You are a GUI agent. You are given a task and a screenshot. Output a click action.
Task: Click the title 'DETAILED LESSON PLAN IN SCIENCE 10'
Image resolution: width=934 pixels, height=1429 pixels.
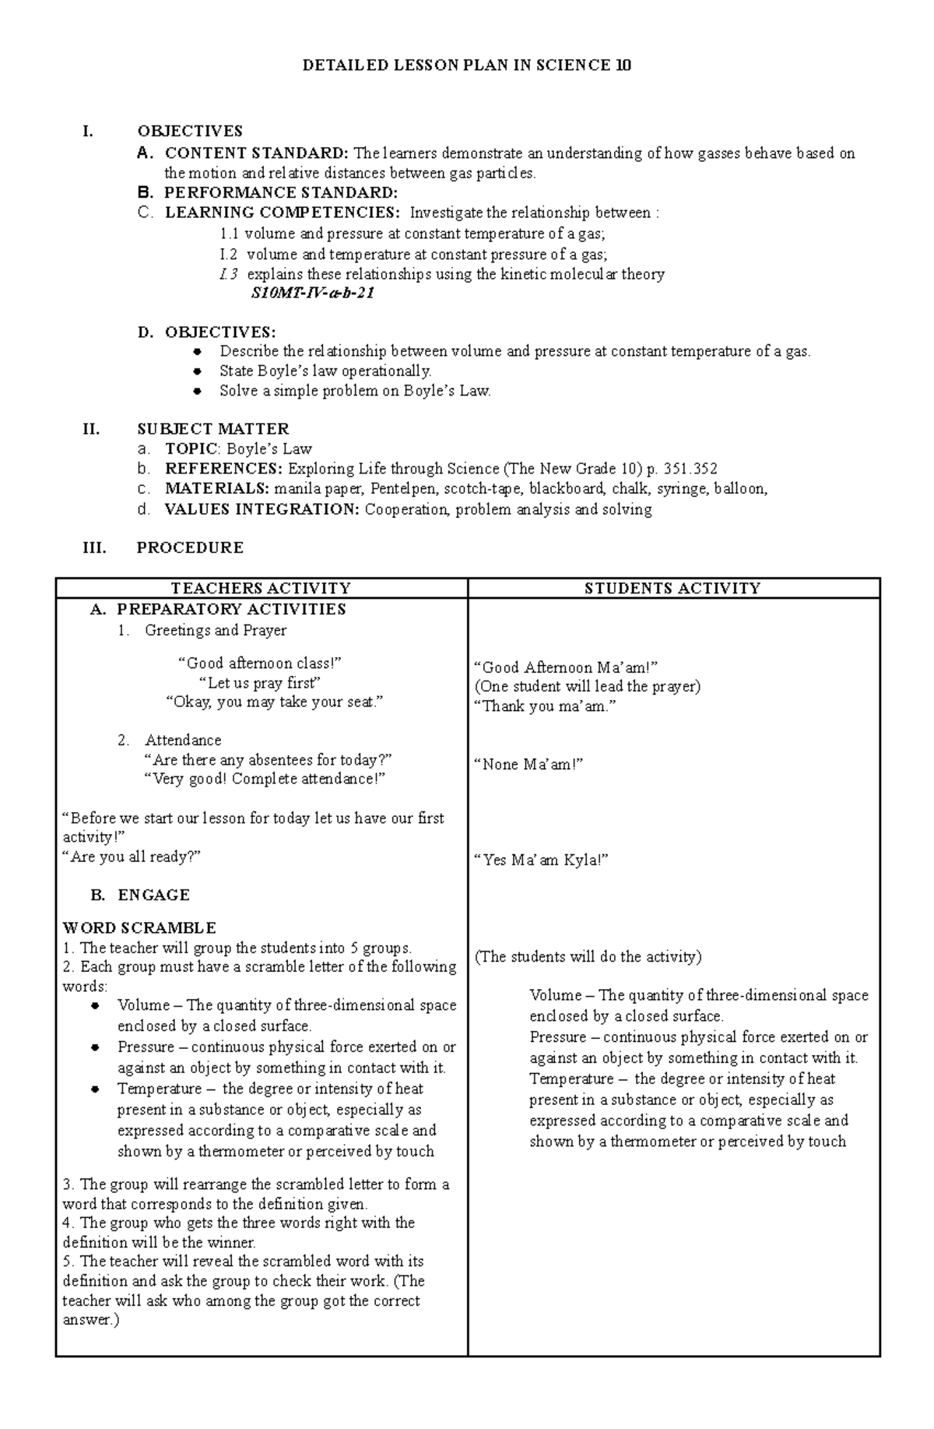click(x=466, y=65)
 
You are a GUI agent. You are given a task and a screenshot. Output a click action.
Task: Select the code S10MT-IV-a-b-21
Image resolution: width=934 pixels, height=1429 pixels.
click(x=312, y=294)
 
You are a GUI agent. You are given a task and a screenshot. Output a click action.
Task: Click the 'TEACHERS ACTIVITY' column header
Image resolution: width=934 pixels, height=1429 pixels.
click(x=261, y=588)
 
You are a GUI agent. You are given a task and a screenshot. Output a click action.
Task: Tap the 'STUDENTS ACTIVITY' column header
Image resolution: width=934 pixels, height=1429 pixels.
click(x=672, y=588)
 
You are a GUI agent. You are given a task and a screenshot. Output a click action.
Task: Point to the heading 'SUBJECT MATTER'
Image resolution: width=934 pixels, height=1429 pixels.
click(x=212, y=428)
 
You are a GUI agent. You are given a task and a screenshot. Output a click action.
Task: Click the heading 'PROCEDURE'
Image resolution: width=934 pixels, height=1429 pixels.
click(x=190, y=547)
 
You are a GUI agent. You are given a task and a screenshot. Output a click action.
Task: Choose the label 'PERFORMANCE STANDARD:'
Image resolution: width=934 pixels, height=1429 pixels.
click(x=281, y=192)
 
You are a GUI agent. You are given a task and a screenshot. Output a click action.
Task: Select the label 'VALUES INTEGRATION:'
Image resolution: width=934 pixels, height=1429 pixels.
click(x=262, y=509)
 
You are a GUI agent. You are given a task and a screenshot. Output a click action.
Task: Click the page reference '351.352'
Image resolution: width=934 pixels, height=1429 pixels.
click(x=688, y=469)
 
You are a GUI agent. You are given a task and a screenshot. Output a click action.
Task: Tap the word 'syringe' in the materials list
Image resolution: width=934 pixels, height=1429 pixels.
click(x=682, y=489)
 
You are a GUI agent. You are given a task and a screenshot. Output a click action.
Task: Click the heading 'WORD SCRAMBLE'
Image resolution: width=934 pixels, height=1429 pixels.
click(x=139, y=927)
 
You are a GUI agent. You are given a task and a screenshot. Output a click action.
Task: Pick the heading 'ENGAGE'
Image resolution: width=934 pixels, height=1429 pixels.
click(x=153, y=895)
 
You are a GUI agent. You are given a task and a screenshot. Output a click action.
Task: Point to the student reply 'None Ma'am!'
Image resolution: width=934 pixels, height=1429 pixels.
click(x=528, y=764)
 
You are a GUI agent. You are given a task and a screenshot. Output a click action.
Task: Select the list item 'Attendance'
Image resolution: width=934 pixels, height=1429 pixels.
click(x=183, y=740)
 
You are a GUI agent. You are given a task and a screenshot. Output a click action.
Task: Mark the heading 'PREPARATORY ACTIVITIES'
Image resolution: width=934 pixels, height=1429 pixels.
click(x=231, y=609)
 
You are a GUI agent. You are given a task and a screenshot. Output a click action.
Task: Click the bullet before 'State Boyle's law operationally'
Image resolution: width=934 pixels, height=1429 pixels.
click(x=198, y=371)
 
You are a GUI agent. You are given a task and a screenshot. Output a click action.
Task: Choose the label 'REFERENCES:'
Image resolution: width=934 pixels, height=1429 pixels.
click(x=224, y=469)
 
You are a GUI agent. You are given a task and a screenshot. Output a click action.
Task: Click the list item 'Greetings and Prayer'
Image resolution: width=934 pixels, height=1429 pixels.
click(x=216, y=630)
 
